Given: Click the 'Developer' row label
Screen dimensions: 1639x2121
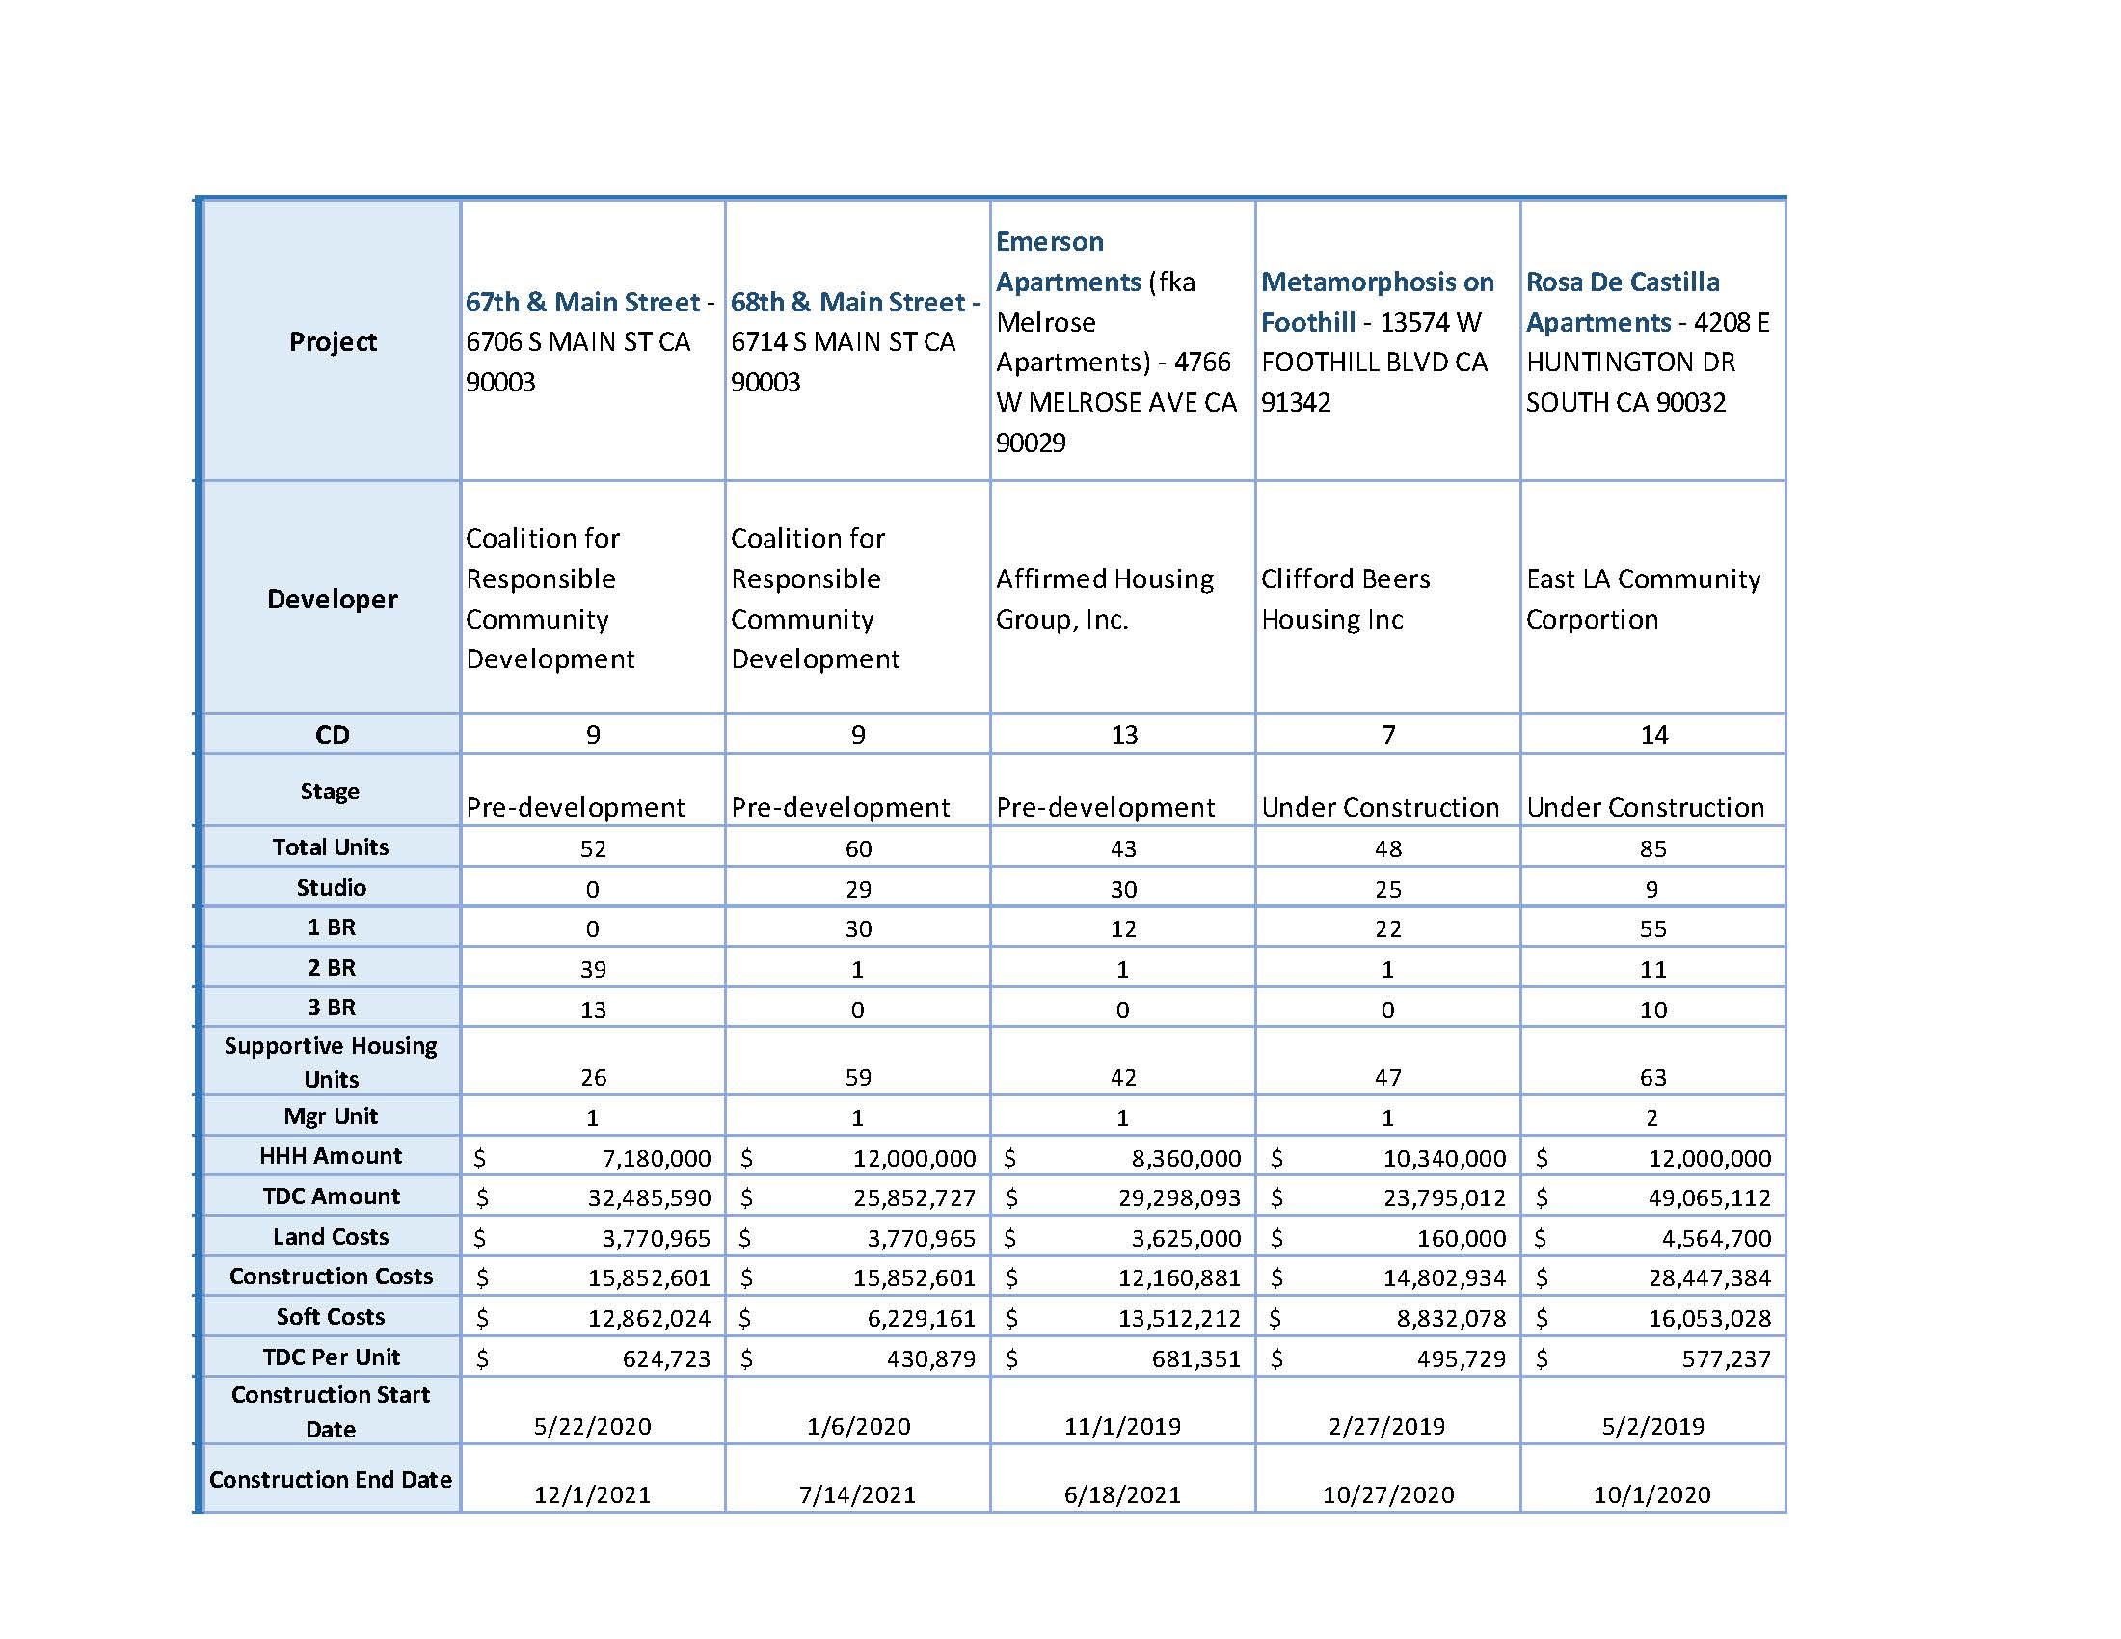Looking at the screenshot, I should [333, 599].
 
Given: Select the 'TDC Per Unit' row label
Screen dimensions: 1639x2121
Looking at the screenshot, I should [331, 1357].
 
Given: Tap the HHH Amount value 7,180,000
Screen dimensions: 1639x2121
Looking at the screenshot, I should [657, 1158].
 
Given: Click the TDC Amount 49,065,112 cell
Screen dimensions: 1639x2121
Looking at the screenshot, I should [1709, 1198].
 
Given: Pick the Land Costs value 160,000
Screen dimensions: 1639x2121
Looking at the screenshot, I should [1462, 1238].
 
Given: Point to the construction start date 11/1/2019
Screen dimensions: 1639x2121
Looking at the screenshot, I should [1122, 1426].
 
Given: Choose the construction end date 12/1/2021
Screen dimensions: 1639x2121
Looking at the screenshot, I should [592, 1494].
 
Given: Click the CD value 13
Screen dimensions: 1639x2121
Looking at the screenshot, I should [1123, 735].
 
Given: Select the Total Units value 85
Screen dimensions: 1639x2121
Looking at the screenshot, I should [1652, 848].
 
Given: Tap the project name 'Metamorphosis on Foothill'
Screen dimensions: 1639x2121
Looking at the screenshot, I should [1377, 301].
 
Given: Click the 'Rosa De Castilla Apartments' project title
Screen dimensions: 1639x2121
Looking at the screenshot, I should [1622, 301].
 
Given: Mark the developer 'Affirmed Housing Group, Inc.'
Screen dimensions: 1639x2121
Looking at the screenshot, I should [1104, 599].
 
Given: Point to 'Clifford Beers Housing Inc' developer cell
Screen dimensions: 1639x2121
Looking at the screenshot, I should [1345, 599].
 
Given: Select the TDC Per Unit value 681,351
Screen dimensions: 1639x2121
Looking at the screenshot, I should [1195, 1358].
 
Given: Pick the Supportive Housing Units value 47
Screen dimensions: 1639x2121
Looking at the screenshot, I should [1387, 1077].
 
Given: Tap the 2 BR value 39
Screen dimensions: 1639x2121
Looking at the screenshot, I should [592, 969].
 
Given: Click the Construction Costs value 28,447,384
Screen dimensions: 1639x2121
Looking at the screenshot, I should [1709, 1277].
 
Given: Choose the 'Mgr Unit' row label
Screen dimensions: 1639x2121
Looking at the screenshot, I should [330, 1116].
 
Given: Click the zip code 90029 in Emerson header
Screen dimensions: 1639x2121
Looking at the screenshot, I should [1031, 443].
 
